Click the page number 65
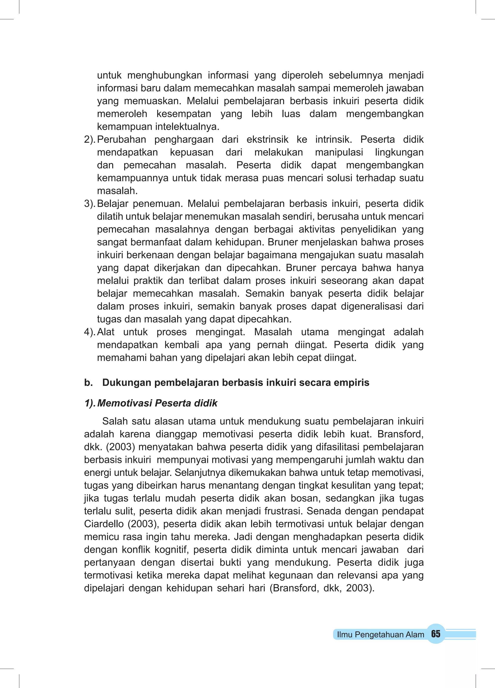click(435, 634)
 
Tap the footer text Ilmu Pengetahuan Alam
click(380, 634)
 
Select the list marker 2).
click(90, 139)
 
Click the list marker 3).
click(90, 204)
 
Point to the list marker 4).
click(90, 332)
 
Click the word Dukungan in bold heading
click(127, 382)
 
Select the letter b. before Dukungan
click(88, 382)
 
